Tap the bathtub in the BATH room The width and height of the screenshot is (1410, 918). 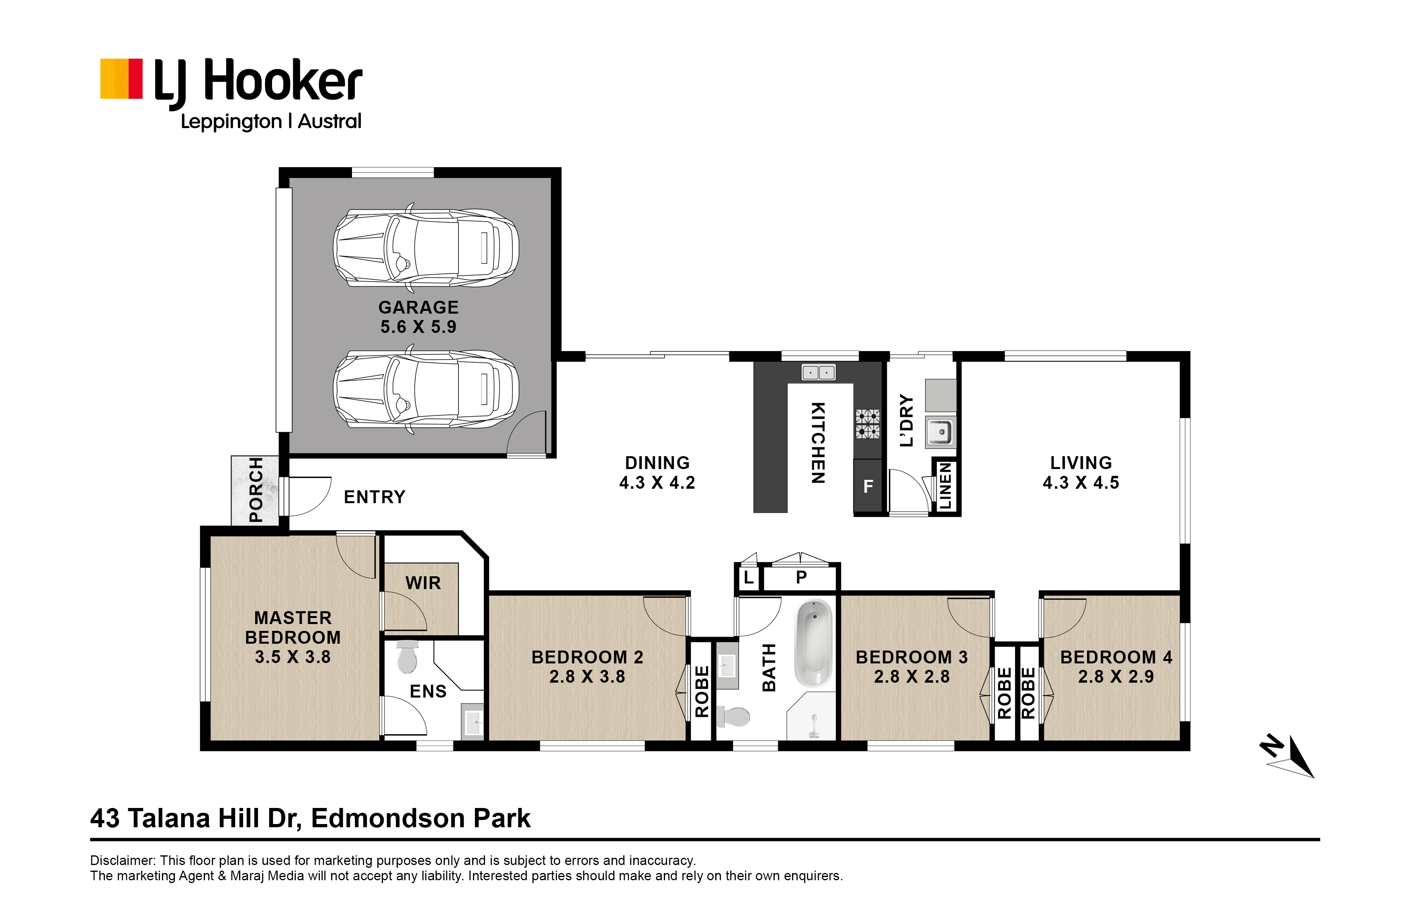[813, 644]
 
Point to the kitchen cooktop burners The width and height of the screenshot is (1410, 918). [867, 424]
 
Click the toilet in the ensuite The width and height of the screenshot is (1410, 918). [407, 656]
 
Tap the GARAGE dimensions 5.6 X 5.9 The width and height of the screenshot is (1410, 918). [418, 327]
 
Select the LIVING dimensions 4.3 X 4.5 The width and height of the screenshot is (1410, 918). [1081, 483]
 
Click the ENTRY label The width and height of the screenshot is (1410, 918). [374, 497]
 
